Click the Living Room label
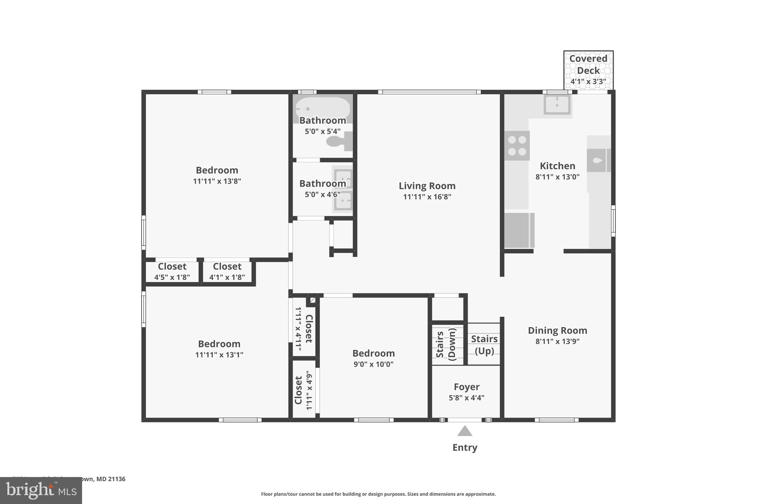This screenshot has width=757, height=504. point(427,186)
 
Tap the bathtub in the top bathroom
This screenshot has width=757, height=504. point(322,107)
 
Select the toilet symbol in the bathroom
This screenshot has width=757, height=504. point(338,141)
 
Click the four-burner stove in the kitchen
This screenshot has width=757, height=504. point(517,145)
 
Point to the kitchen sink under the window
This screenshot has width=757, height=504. point(557,104)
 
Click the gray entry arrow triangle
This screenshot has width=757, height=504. point(465,431)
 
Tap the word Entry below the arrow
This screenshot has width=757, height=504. point(465,448)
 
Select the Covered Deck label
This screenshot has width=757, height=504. point(588,65)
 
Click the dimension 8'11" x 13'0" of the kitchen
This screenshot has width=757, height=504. point(557,177)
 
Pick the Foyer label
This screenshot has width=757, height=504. point(466,387)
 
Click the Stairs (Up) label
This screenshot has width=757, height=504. point(484,344)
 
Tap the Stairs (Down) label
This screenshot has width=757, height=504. point(446,344)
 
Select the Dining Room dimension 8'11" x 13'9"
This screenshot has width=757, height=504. point(557,342)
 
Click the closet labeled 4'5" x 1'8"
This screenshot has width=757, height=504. point(172,272)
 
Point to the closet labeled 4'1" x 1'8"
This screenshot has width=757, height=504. point(227,272)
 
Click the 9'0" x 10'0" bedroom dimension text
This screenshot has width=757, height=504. point(373,364)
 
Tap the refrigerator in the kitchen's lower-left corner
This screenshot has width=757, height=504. point(519,230)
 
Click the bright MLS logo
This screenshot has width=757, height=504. point(41,491)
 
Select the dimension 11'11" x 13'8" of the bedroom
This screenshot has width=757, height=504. point(217,181)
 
